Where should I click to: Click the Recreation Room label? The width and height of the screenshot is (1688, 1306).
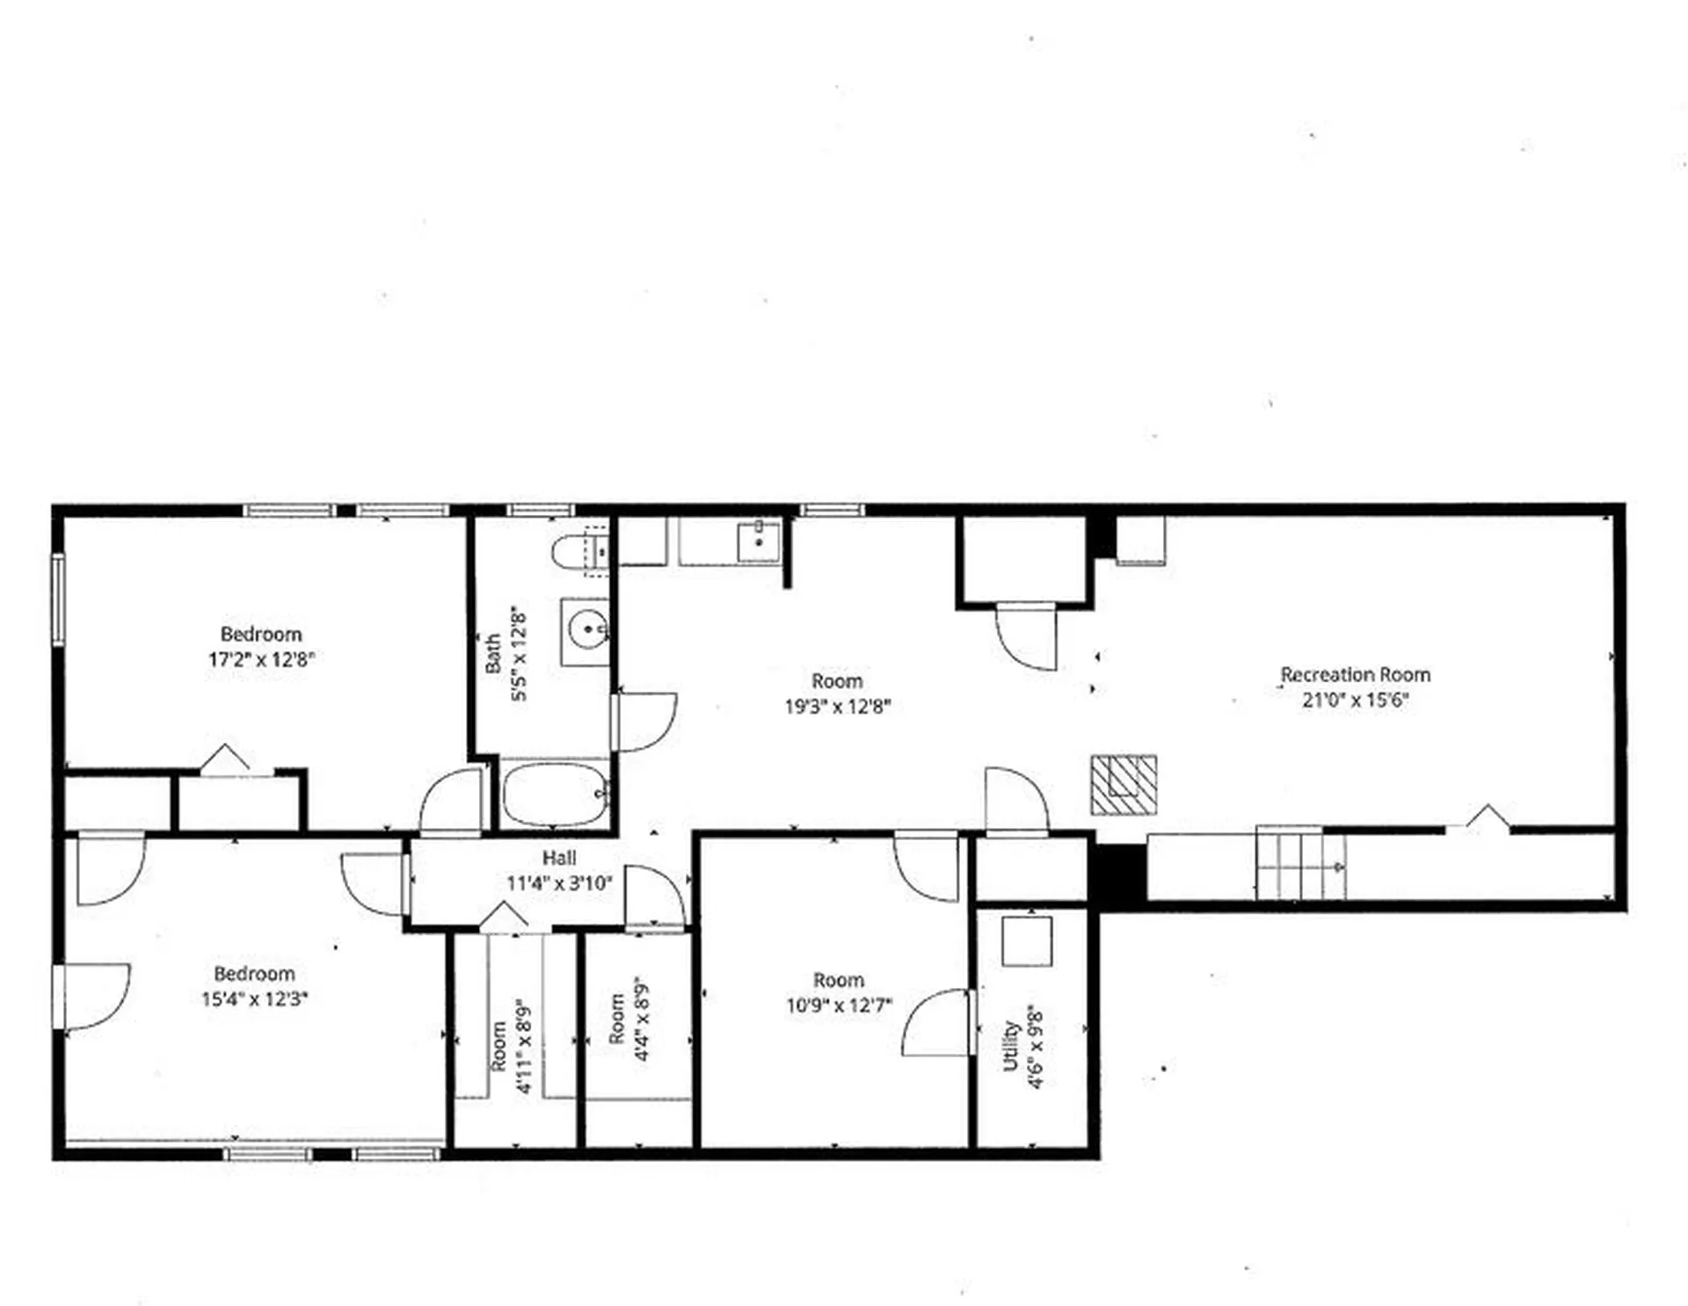tap(1355, 675)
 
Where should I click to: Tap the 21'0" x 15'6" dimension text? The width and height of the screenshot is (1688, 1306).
tap(1355, 700)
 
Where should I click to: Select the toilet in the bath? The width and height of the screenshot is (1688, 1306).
tap(577, 552)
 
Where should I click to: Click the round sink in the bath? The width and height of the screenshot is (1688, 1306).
tap(586, 630)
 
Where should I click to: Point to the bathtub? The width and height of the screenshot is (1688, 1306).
tap(555, 794)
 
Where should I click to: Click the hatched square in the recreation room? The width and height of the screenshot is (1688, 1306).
tap(1124, 784)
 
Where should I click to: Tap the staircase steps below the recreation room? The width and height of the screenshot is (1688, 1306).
tap(1299, 866)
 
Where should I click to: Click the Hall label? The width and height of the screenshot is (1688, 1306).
tap(559, 858)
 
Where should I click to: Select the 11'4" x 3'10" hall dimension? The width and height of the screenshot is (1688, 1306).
tap(559, 883)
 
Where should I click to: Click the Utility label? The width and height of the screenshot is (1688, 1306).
tap(1011, 1046)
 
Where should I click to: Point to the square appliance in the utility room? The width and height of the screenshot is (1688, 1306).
tap(1027, 941)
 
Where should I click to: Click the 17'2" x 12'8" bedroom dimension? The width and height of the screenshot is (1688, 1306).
tap(261, 659)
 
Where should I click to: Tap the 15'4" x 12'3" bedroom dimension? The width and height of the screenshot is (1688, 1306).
tap(254, 999)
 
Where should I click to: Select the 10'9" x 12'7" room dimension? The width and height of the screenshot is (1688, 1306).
tap(839, 1005)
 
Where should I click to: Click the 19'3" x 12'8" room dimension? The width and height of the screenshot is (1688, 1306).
tap(837, 706)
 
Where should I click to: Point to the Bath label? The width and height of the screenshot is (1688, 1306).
tap(493, 654)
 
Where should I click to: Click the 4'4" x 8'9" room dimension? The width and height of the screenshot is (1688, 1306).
tap(642, 1019)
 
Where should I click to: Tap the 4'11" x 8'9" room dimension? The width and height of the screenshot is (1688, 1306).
tap(524, 1046)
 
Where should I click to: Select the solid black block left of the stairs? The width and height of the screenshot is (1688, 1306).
tap(1117, 873)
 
